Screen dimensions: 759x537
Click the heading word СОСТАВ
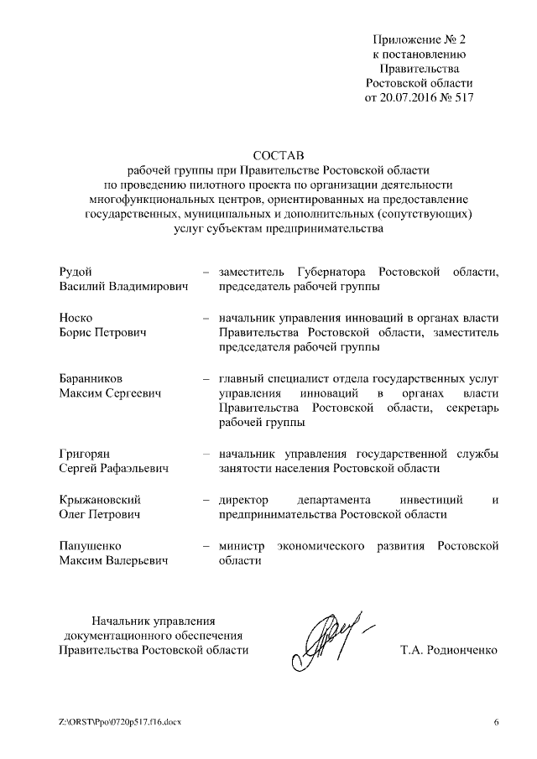tap(278, 154)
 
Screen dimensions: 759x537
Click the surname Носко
tap(75, 318)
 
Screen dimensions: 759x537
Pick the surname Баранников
tap(91, 378)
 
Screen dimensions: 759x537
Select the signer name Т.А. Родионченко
tap(451, 650)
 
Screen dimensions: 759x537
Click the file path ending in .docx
tap(119, 723)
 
